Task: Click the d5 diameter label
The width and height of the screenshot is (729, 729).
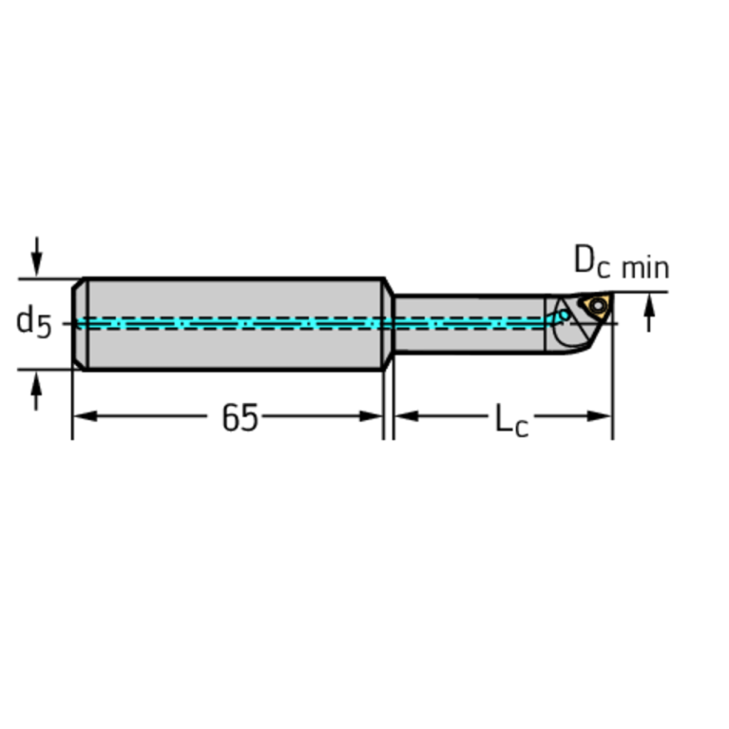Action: (33, 321)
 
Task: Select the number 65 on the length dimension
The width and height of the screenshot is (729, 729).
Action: (240, 417)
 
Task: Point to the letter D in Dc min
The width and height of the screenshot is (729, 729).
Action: (585, 259)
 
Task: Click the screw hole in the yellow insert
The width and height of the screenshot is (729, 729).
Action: (598, 305)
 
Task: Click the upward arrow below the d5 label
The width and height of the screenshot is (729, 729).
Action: (37, 390)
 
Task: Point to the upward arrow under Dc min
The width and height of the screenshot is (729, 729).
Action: (649, 312)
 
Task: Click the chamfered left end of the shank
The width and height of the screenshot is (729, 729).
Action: (80, 323)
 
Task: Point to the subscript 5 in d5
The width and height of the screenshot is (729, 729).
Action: (44, 327)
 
